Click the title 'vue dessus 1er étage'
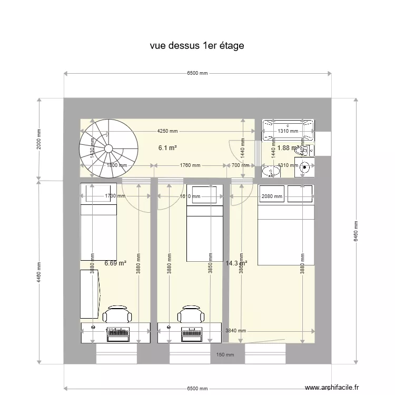point(196,46)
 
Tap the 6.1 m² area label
point(167,148)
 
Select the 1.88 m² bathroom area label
point(288,148)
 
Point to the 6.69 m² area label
point(115,263)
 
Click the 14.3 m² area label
point(236,263)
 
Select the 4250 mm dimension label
point(167,131)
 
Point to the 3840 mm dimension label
point(236,331)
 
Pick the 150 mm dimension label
point(225,355)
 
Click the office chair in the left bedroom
point(116,314)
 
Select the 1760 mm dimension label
point(190,165)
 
